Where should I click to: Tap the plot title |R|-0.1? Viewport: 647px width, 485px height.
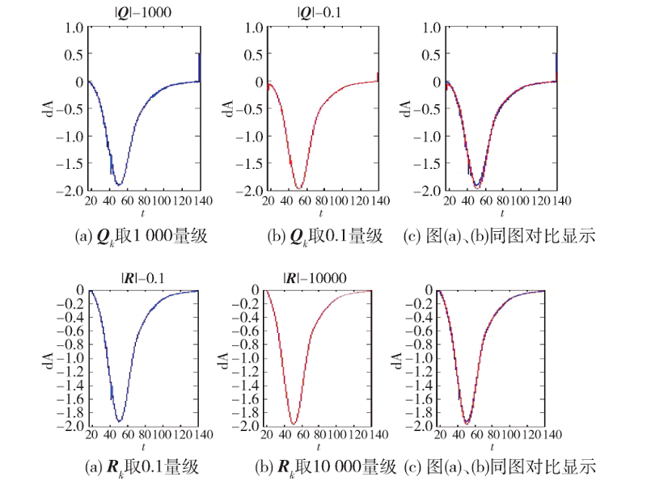pos(142,277)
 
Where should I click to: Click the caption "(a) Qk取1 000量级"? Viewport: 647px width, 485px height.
pos(142,237)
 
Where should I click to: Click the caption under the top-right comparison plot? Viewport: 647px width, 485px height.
pos(499,237)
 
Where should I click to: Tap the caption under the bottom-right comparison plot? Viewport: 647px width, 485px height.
pos(499,466)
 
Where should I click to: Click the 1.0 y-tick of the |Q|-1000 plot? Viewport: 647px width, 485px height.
pos(74,27)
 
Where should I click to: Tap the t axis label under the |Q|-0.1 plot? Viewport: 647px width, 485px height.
pos(320,213)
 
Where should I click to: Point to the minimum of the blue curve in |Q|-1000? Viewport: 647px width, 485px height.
pos(119,184)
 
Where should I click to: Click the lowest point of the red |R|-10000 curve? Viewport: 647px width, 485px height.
pos(293,424)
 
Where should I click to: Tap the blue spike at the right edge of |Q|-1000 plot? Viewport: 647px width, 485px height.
pos(200,65)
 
